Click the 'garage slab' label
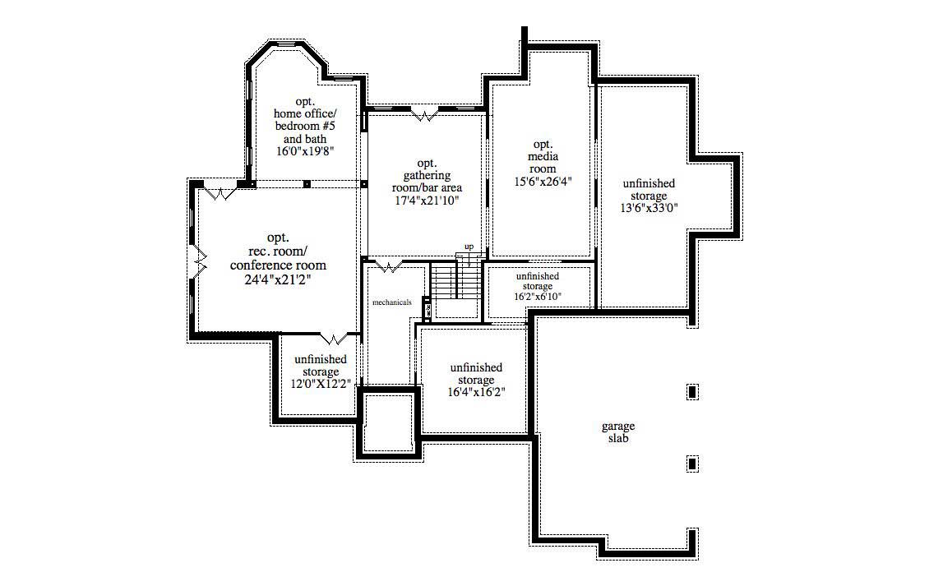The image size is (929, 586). pos(618,432)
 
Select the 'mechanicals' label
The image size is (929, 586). pos(392,302)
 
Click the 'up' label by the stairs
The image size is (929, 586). pos(469,247)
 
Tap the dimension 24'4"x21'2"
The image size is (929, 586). pos(278,279)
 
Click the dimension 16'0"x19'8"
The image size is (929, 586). pos(305,151)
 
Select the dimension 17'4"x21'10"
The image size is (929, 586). pos(426,200)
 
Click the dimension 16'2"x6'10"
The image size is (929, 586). pos(538,297)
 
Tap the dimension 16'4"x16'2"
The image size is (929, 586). pos(476,393)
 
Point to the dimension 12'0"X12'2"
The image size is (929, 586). pos(321,384)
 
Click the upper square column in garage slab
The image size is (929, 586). pos(692,392)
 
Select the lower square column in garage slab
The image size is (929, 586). pos(692,464)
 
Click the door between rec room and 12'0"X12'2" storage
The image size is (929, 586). pos(333,337)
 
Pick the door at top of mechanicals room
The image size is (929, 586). pos(387,265)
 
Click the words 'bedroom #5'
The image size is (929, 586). pos(305,127)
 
